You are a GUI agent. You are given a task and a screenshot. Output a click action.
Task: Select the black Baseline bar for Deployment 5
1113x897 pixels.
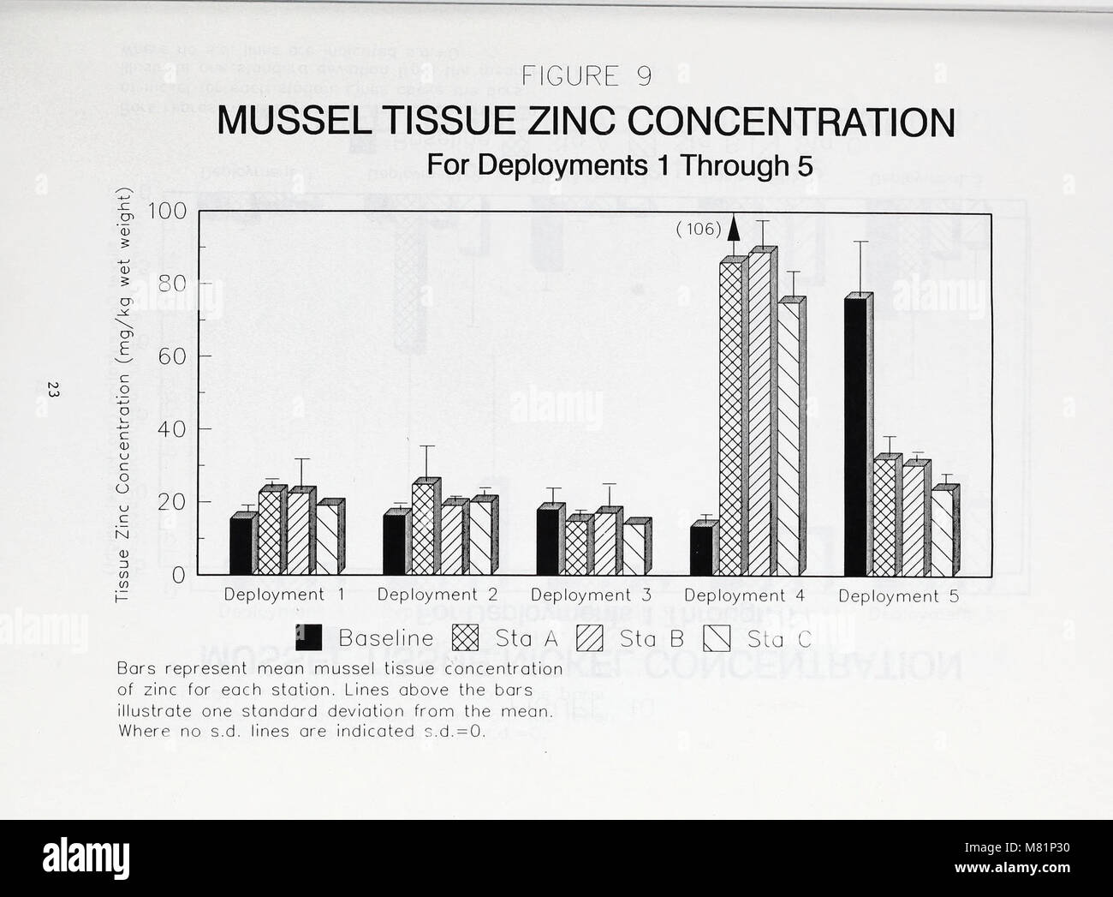tap(857, 437)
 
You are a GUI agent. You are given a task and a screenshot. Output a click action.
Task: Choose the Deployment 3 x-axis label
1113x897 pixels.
tap(592, 595)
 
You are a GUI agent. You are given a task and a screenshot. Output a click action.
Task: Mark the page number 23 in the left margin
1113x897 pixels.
tap(54, 391)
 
